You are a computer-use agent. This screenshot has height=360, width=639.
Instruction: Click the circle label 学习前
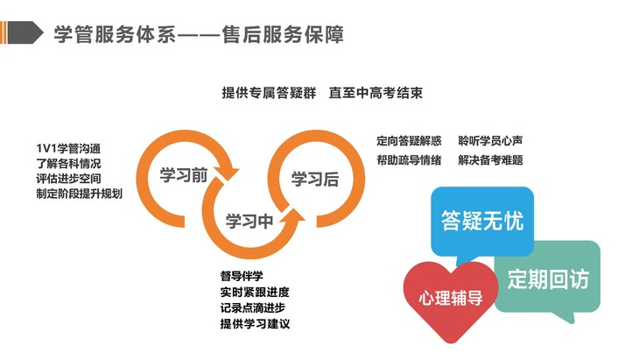[183, 174]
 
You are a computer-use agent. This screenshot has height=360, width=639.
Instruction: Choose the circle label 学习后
[314, 180]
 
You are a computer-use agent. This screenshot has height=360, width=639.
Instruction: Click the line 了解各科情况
[68, 162]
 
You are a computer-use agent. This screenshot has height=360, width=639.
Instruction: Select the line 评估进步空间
[68, 178]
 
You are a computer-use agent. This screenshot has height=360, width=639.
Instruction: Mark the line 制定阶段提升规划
[80, 194]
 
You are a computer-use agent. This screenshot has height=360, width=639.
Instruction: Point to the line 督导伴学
[242, 276]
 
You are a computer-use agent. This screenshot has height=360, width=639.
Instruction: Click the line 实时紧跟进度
[254, 292]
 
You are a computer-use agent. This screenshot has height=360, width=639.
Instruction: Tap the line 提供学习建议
[254, 324]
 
